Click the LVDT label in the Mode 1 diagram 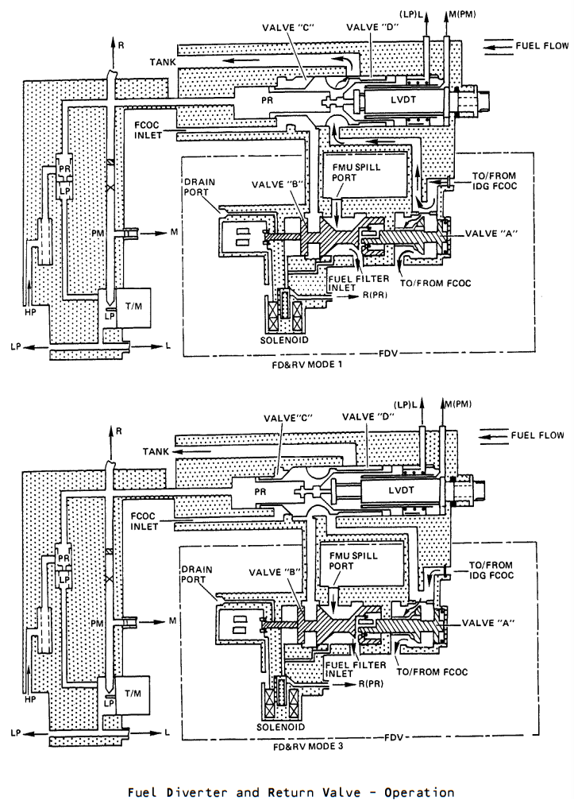click(403, 99)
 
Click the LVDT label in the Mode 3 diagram click(401, 489)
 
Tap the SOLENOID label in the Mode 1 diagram click(284, 339)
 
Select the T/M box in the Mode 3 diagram click(133, 694)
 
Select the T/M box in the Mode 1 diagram click(133, 307)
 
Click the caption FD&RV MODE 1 click(307, 365)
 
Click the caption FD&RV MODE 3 click(308, 747)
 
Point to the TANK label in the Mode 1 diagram click(163, 62)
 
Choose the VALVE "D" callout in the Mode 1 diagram click(372, 27)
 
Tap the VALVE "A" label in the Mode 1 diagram click(491, 234)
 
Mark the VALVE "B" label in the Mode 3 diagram click(274, 572)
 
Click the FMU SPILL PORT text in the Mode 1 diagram click(356, 172)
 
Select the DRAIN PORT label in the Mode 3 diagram click(197, 574)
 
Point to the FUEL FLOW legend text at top click(541, 45)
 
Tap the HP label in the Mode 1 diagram click(30, 311)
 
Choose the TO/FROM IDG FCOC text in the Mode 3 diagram click(491, 570)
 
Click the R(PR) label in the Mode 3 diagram click(371, 683)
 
